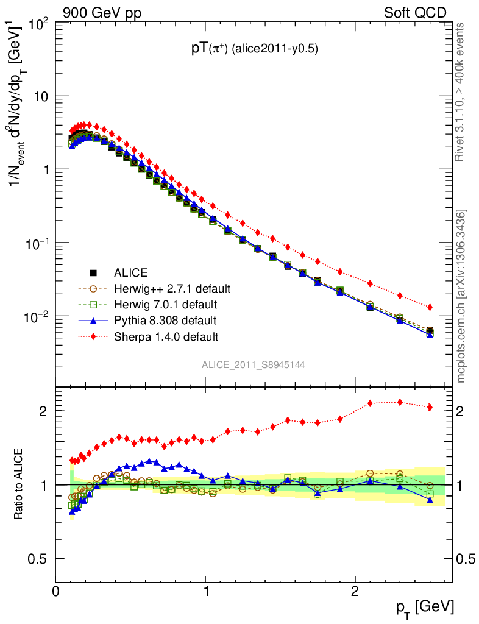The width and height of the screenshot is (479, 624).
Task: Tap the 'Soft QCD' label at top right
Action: coord(414,12)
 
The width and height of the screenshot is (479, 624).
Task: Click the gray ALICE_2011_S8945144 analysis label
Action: coord(254,365)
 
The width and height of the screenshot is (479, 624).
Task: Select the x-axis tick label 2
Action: coord(355,591)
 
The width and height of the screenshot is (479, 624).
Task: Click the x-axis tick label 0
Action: coord(56,591)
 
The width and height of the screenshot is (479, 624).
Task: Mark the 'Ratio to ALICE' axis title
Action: coord(20,484)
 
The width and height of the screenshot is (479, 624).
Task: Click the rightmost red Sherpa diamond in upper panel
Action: coord(430,307)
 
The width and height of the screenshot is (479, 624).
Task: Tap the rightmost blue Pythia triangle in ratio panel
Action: coord(430,500)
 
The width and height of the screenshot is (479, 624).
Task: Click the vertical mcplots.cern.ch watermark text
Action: coord(462,296)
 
